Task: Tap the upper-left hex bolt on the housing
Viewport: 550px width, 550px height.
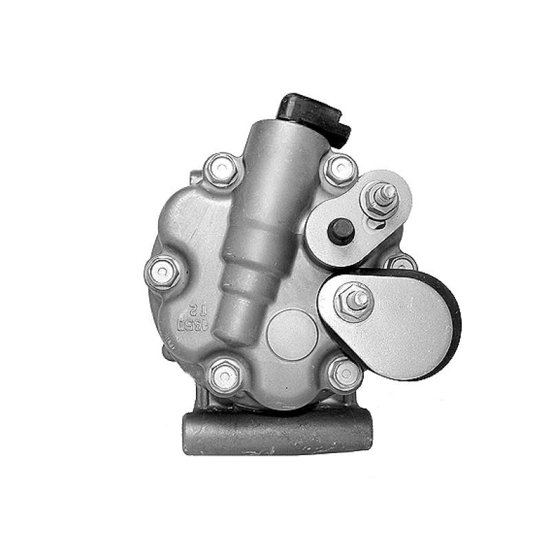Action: (x=223, y=168)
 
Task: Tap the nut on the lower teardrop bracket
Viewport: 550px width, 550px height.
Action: (x=353, y=300)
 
